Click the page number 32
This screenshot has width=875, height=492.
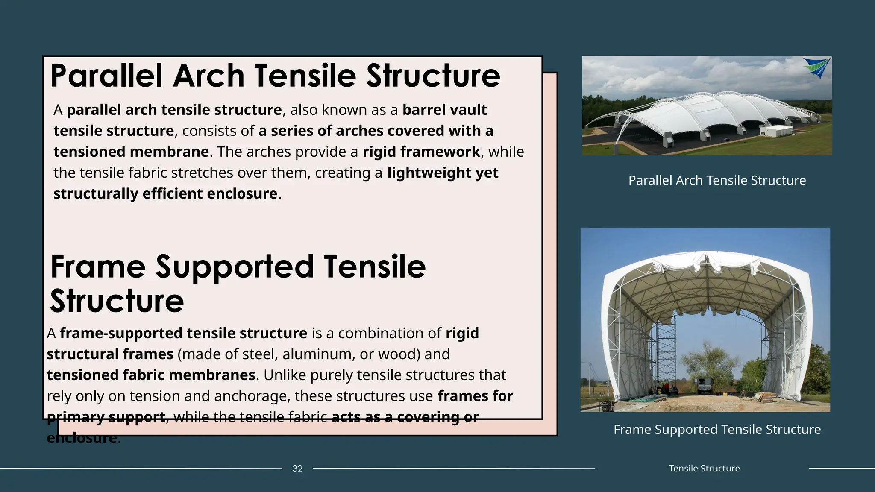point(297,469)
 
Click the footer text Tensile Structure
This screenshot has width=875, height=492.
point(704,469)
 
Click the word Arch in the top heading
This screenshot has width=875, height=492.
point(208,76)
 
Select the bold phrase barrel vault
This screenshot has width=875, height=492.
point(444,110)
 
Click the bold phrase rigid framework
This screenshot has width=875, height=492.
point(421,152)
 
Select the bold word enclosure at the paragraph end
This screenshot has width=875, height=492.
point(81,438)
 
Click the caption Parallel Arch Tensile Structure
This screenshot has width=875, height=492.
point(717,180)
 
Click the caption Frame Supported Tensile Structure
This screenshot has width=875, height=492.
point(717,429)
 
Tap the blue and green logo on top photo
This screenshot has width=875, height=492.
point(816,67)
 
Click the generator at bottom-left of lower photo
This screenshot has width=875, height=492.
point(607,406)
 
